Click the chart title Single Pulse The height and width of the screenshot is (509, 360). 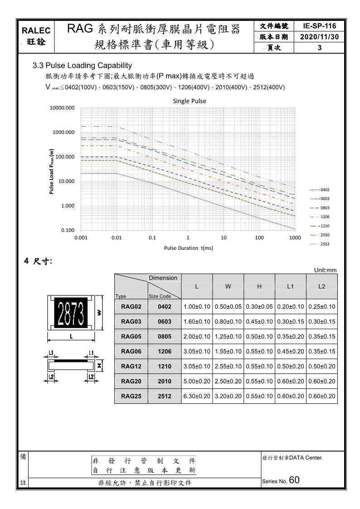pos(190,101)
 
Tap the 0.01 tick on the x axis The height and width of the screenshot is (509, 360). pos(117,238)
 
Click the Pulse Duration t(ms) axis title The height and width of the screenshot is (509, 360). pos(188,248)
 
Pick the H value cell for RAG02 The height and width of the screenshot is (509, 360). pos(259,307)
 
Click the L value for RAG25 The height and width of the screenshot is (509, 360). pos(197,396)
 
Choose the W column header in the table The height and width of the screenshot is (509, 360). pos(228,287)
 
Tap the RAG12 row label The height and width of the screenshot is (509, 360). pos(131,366)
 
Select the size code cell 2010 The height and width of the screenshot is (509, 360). pos(164,381)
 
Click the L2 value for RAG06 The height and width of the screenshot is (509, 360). pos(322,351)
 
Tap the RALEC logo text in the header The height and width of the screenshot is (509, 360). pos(35,31)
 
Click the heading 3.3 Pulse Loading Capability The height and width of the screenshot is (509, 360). pos(82,66)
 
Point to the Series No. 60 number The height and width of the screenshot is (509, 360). pos(294,480)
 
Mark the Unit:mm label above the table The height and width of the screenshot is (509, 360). pos(325,270)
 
